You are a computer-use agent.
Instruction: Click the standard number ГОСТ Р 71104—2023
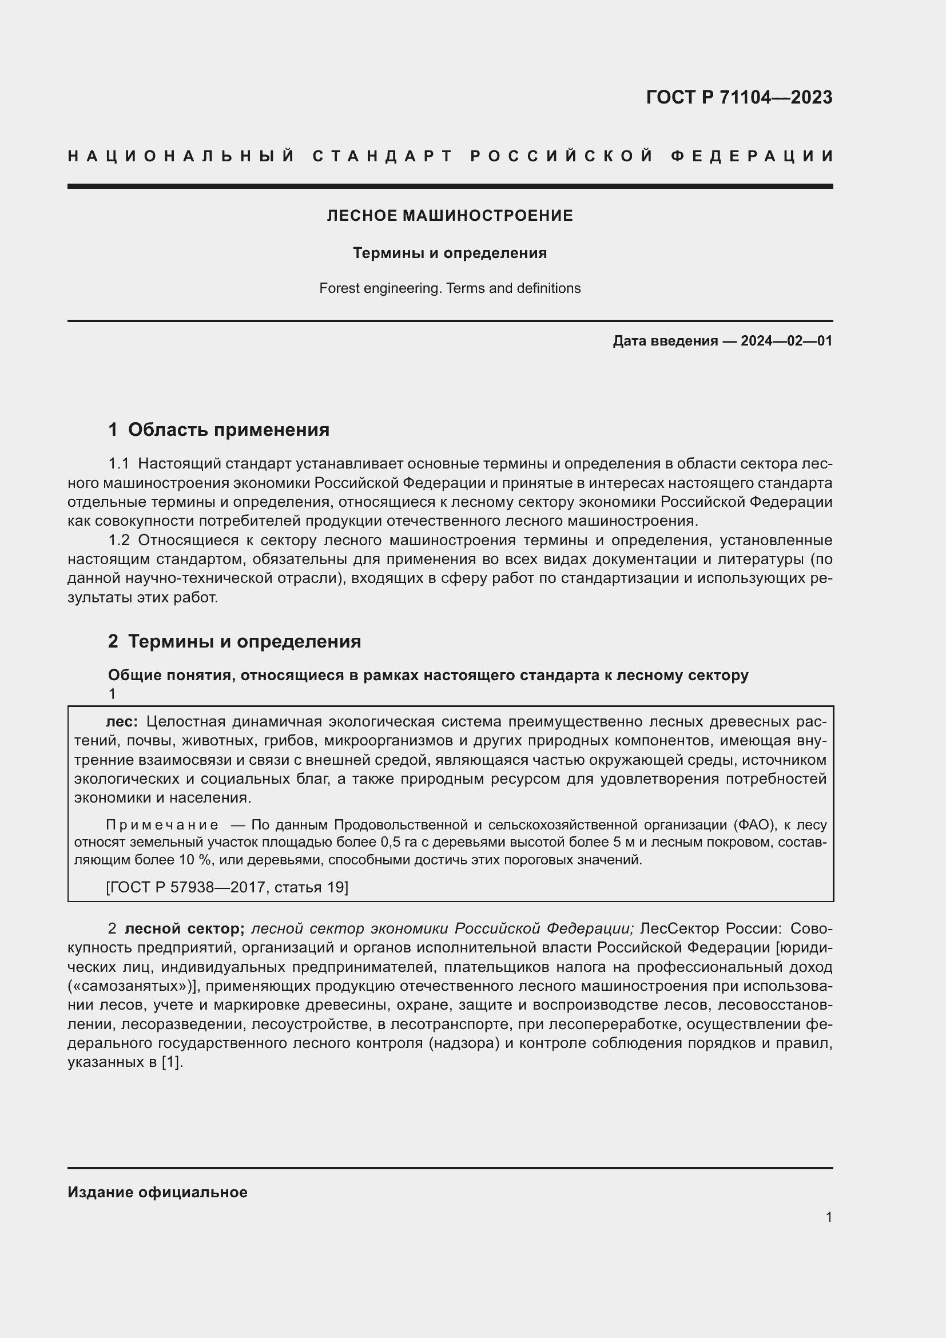pos(738,97)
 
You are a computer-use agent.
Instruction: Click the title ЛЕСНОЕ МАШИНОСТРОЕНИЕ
pos(450,216)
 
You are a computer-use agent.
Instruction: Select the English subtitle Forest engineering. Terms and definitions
pos(450,288)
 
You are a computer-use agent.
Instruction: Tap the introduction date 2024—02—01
pos(786,341)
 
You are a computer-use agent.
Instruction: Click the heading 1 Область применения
pos(218,430)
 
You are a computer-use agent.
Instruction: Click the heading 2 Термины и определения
pos(234,642)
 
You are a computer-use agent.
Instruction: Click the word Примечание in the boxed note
pos(162,825)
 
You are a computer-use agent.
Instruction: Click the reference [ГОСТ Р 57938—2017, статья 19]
pos(227,888)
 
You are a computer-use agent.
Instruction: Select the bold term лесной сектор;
pos(185,929)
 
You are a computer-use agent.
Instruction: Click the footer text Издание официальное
pos(157,1192)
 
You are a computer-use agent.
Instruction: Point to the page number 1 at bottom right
pos(828,1217)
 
